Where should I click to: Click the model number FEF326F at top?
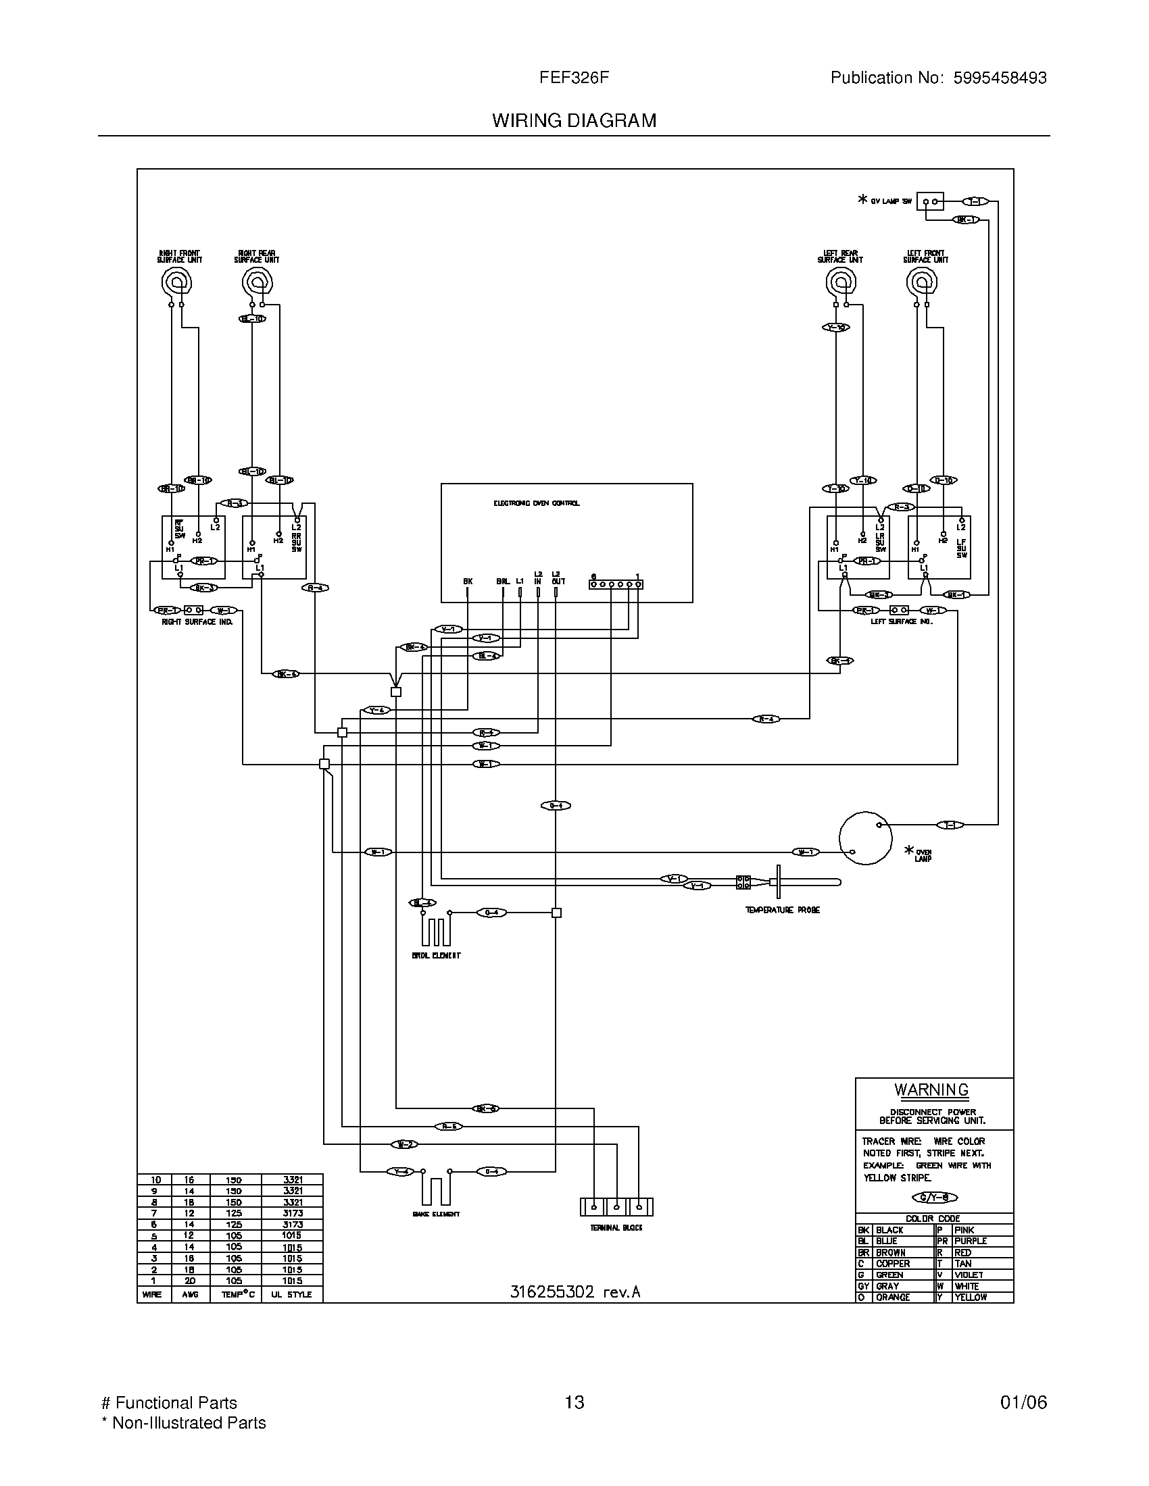click(x=574, y=78)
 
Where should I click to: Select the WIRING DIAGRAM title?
click(x=574, y=120)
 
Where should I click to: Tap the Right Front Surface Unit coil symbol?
click(x=176, y=281)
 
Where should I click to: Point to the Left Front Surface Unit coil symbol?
click(x=922, y=281)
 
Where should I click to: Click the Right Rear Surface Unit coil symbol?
click(x=258, y=281)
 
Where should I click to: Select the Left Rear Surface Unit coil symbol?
click(x=841, y=281)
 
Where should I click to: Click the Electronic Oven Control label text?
click(x=537, y=503)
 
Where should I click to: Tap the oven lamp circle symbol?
click(x=865, y=838)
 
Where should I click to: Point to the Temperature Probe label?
click(x=782, y=910)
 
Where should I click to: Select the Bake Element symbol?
click(x=436, y=1188)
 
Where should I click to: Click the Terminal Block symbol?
click(x=616, y=1206)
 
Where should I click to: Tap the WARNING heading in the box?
click(x=931, y=1090)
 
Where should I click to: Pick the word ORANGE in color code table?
click(x=892, y=1298)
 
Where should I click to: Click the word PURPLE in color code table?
click(x=971, y=1241)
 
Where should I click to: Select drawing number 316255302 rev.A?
click(x=575, y=1291)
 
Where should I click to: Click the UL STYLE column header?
click(x=291, y=1294)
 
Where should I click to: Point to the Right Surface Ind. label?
click(x=197, y=622)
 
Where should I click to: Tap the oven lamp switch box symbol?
click(x=930, y=201)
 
